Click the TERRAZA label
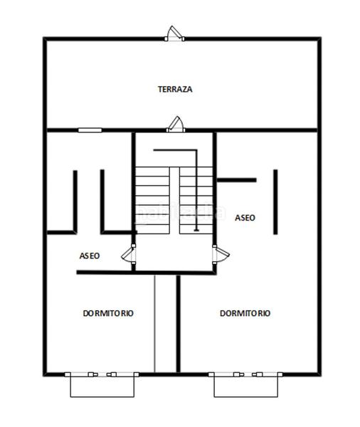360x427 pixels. [175, 90]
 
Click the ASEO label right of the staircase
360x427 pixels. [245, 218]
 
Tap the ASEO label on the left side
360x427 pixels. [89, 255]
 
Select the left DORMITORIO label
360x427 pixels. [108, 313]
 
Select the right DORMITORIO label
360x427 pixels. [245, 313]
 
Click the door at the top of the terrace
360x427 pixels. [174, 33]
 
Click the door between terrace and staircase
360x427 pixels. [174, 125]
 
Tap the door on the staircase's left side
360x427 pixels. [129, 254]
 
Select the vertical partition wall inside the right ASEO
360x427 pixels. [275, 201]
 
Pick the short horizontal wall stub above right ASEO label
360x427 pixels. [236, 180]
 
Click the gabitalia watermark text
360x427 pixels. [181, 211]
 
